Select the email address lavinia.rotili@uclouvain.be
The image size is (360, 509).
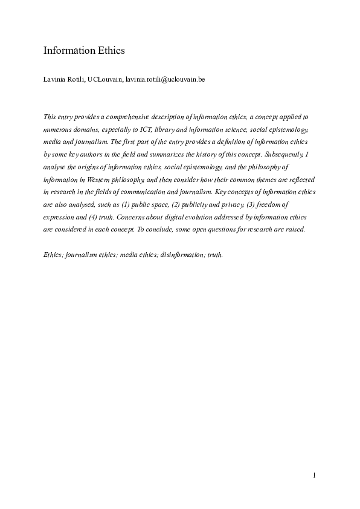pyautogui.click(x=166, y=79)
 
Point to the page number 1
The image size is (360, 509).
pyautogui.click(x=315, y=475)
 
